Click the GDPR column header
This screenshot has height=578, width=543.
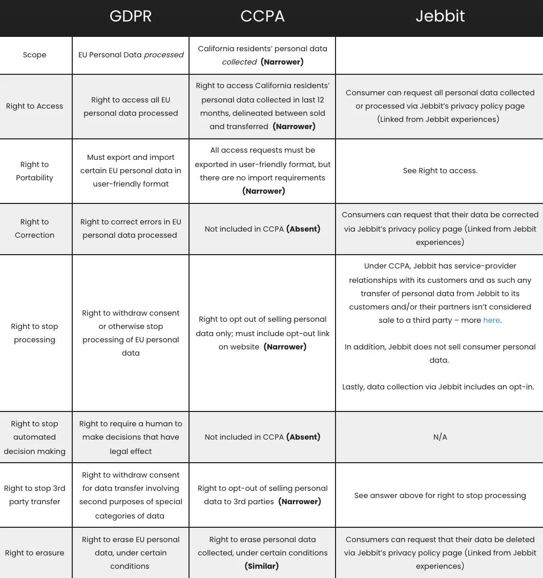point(131,16)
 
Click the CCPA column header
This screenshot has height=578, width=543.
point(262,16)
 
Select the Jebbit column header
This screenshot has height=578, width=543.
point(440,16)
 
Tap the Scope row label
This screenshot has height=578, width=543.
point(34,55)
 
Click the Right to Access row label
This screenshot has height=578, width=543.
point(34,106)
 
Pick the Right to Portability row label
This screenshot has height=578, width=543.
point(34,171)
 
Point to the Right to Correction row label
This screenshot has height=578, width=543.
point(34,229)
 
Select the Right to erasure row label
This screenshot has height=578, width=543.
point(34,553)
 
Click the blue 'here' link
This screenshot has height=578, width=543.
point(491,320)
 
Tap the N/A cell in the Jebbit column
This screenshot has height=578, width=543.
point(440,437)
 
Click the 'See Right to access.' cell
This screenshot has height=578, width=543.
point(440,171)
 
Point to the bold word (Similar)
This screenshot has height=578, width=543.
point(262,566)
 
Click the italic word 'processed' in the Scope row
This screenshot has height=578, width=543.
point(163,55)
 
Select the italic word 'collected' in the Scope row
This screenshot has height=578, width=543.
point(239,62)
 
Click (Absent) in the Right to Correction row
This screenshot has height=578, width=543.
point(303,229)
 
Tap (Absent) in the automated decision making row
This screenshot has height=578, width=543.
point(303,437)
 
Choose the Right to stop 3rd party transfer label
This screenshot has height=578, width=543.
point(34,495)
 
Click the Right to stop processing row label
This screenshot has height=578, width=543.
point(34,333)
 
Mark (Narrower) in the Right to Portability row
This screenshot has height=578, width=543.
point(263,191)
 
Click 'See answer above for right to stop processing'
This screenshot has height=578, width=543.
point(440,496)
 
